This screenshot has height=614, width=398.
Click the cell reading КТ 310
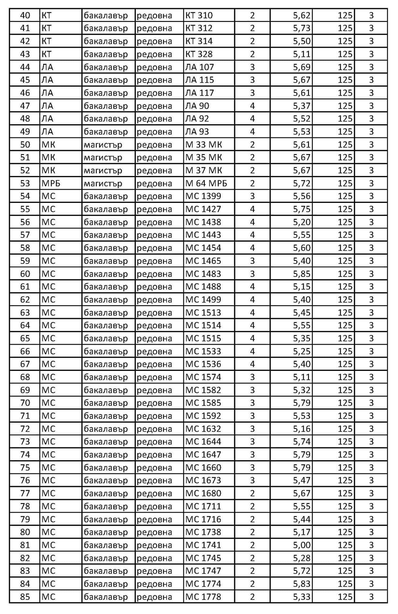(199, 15)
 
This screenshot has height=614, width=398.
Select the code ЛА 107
(199, 67)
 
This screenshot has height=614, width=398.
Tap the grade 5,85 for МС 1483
(301, 274)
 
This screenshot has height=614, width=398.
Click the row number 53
(25, 183)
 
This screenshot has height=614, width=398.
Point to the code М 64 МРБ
(206, 183)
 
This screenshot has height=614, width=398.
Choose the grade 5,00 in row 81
(301, 545)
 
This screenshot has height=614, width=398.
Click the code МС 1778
(203, 597)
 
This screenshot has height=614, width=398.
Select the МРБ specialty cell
(51, 183)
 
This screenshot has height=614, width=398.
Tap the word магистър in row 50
(103, 145)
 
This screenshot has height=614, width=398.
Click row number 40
(25, 15)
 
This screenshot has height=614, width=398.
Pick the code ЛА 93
(197, 132)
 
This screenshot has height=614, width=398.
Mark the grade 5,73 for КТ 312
(301, 28)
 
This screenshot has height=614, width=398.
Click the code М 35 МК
(204, 157)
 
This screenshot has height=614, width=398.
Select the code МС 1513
(203, 312)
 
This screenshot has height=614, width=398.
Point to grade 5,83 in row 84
(301, 584)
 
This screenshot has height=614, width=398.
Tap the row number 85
(25, 597)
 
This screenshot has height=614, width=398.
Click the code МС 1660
(203, 467)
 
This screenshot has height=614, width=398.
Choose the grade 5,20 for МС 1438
(301, 222)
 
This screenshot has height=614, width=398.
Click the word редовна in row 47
(154, 106)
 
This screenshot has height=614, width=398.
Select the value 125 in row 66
(345, 351)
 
